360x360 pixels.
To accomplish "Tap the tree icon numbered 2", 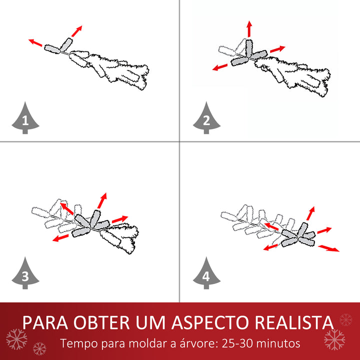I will click(x=207, y=118).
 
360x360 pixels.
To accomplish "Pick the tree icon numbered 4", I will click(x=207, y=273).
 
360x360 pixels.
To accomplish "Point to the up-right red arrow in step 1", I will click(x=76, y=31).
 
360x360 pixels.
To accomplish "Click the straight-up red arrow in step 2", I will click(x=249, y=29).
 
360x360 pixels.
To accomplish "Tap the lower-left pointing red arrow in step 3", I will click(x=61, y=238).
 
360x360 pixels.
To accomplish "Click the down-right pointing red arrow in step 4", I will click(x=329, y=248).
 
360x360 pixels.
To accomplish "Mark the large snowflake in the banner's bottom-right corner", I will click(x=334, y=339).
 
